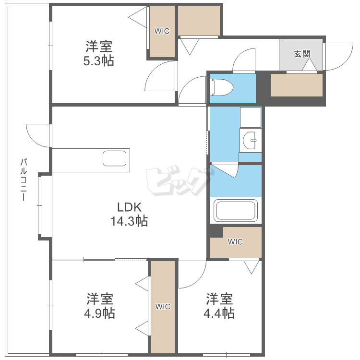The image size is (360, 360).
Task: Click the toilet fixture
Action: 222,87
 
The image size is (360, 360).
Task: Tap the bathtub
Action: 236,210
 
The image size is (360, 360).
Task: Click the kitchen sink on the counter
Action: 115,158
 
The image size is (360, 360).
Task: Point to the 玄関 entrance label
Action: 302,53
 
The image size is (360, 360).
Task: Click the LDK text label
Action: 129,207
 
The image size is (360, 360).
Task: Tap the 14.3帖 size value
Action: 129,221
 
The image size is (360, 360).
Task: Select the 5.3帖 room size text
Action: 99,61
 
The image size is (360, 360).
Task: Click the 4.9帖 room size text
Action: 100,313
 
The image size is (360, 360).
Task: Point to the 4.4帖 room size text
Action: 220,313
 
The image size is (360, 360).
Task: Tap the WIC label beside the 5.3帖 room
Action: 162,31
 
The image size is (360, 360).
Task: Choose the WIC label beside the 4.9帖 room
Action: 163,307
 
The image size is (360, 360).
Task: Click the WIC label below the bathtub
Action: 235,242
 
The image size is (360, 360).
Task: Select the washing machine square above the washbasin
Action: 250,117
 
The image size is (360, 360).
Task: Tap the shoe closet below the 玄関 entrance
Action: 297,85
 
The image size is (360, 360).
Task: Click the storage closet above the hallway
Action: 199,21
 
